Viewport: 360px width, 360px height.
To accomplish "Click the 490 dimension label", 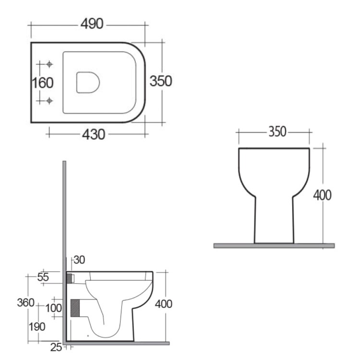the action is coord(92,24).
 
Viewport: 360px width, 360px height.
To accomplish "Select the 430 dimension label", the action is coord(94,134).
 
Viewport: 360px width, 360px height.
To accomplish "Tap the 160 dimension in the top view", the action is coord(43,83).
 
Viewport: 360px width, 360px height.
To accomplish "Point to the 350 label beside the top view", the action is coord(161,81).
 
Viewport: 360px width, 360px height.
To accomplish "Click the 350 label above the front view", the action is coord(277,132).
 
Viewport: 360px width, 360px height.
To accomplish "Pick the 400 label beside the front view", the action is coord(323,195).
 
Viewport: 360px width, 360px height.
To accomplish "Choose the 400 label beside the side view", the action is coord(164,304).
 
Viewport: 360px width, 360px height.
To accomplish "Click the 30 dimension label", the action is coord(79,260).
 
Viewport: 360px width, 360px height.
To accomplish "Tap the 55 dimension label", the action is coord(43,277).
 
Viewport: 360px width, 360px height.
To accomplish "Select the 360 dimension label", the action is coord(26,302).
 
